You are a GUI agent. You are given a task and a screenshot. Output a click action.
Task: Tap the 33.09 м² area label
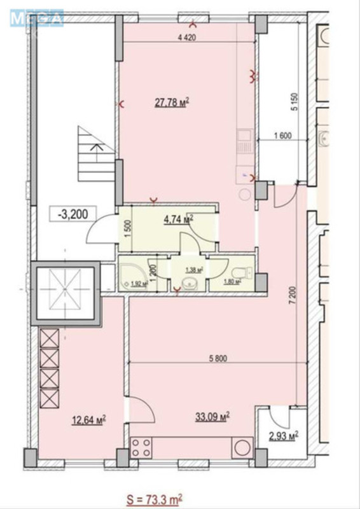pyautogui.click(x=212, y=416)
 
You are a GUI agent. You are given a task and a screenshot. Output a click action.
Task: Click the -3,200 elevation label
pyautogui.click(x=68, y=214)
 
